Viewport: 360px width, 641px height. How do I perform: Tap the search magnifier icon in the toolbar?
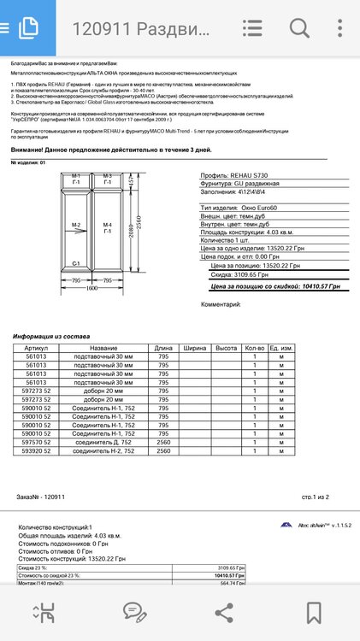[x=298, y=27]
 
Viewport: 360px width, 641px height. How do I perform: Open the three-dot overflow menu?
[x=339, y=27]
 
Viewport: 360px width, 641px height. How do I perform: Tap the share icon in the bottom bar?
[x=224, y=612]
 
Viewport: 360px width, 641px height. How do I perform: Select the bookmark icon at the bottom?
[x=314, y=612]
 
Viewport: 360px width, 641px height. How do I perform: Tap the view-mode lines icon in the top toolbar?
[x=253, y=27]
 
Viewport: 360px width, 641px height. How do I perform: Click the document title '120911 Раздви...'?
[x=141, y=28]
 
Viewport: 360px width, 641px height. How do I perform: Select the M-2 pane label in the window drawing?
[x=76, y=226]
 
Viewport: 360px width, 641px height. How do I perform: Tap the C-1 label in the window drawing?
[x=76, y=264]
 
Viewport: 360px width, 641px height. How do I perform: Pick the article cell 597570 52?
[x=37, y=441]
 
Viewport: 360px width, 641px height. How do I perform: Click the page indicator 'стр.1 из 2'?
[x=316, y=496]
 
